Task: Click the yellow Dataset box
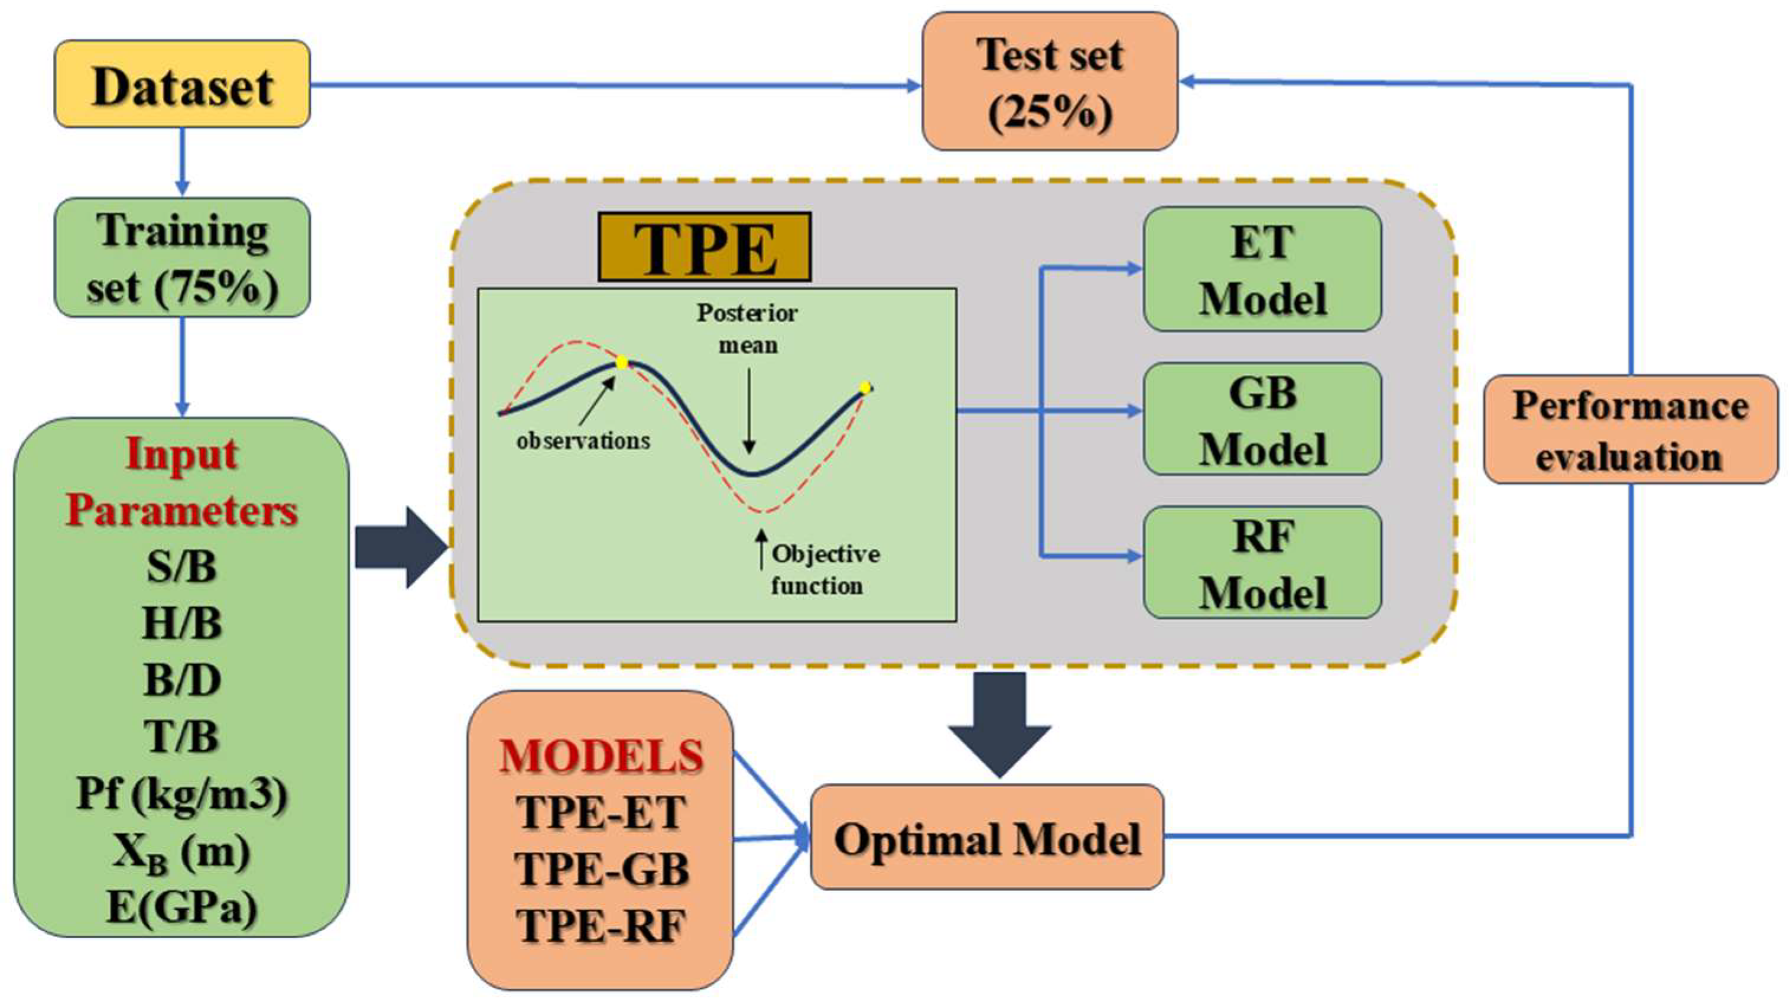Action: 182,84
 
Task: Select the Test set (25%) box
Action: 1050,81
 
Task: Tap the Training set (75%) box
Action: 182,258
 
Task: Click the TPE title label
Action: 704,247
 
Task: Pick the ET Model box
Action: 1262,270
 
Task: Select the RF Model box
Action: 1262,563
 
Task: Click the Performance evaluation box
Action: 1630,430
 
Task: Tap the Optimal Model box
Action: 987,838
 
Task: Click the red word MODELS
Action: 602,756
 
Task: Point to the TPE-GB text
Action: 602,869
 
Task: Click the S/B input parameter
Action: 182,566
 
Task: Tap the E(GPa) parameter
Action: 182,906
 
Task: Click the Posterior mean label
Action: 747,329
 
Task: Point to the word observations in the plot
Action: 583,441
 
